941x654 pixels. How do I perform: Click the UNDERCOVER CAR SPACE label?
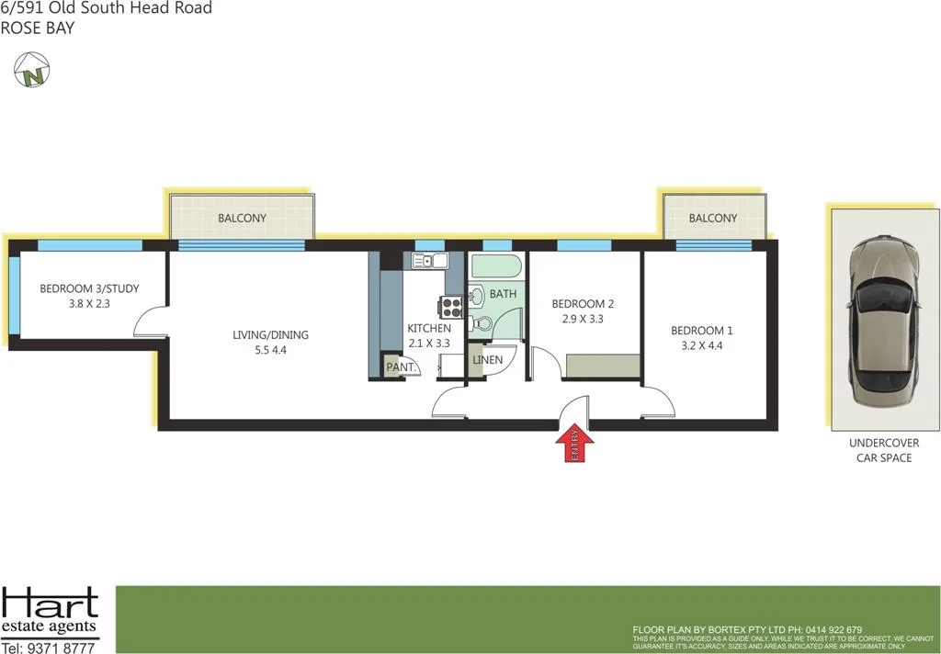click(883, 450)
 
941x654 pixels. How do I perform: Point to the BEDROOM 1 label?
click(702, 331)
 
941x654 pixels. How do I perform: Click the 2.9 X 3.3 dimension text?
click(582, 320)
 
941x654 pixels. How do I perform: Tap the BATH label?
click(503, 294)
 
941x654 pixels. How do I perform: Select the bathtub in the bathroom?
click(496, 266)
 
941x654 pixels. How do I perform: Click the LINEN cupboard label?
click(487, 359)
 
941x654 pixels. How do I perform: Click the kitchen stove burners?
click(451, 307)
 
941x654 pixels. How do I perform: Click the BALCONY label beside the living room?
click(242, 219)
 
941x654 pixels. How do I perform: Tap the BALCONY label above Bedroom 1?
click(713, 219)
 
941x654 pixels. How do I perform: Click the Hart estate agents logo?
click(50, 612)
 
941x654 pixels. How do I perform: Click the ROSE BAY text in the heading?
click(38, 28)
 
